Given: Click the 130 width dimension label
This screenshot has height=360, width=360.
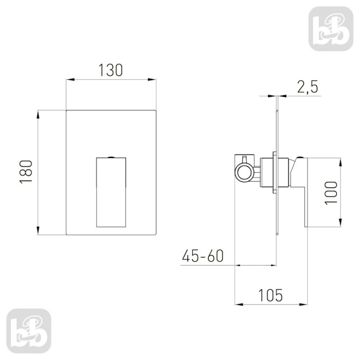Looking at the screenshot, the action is (111, 70).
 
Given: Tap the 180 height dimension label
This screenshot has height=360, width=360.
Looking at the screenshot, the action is (26, 172).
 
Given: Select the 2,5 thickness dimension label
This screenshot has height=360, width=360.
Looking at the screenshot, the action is (308, 87).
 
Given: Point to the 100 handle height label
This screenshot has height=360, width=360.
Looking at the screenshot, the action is (331, 192).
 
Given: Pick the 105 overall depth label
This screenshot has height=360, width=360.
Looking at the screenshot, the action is (271, 295).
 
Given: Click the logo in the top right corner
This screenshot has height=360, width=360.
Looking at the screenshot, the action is (331, 29).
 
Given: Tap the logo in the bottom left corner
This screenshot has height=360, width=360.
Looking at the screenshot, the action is (29, 331).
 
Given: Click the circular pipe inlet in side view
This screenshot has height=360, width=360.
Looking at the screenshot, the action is (244, 172).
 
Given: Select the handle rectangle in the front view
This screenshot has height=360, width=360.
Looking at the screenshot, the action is (111, 192).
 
